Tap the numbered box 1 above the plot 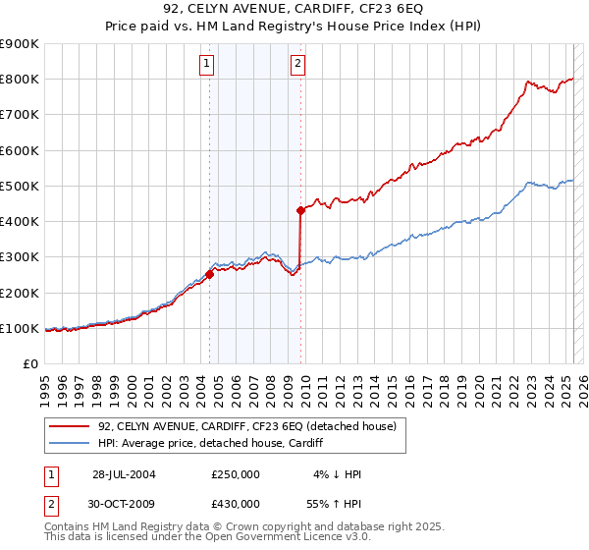coord(208,65)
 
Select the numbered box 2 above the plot coord(297,65)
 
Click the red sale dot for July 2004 coord(210,275)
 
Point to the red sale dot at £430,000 coord(301,210)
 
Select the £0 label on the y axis coord(29,363)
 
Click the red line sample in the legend coord(70,426)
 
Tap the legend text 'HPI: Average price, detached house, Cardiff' coord(210,444)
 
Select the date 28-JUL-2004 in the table coord(124,474)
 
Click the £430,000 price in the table coord(236,503)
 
